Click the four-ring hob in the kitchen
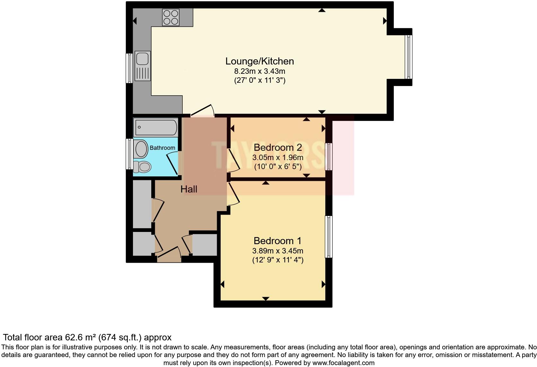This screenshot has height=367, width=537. tap(171, 17)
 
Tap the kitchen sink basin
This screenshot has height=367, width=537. tap(142, 59)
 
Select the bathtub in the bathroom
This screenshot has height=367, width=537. tap(156, 127)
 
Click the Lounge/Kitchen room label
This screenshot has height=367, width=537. tap(260, 61)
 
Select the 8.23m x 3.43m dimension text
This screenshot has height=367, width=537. tap(260, 71)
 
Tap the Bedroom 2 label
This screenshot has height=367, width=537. tap(277, 148)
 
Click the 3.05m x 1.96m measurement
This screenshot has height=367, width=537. tap(277, 158)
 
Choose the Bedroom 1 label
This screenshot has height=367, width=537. tap(277, 241)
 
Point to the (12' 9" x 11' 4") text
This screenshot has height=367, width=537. tap(277, 260)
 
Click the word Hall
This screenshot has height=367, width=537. tap(189, 189)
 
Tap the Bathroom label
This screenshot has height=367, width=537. tap(162, 148)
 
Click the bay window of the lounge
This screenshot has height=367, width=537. tap(409, 56)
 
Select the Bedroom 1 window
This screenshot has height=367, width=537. tap(328, 237)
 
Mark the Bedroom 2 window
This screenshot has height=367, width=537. tap(328, 157)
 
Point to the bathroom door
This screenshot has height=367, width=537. tap(172, 164)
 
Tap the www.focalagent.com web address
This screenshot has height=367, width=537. tap(343, 363)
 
